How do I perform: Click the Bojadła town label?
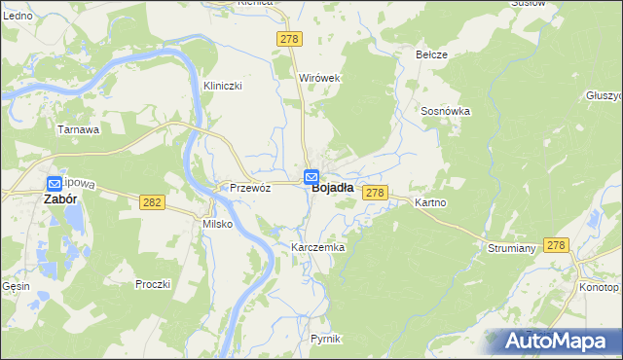click(332, 191)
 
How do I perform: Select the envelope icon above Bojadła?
click(311, 177)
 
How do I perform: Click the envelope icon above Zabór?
click(55, 182)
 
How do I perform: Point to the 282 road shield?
click(151, 201)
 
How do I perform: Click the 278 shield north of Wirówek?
click(290, 38)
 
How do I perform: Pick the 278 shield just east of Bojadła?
click(377, 194)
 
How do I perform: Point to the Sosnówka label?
click(446, 111)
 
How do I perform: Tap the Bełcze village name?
click(431, 54)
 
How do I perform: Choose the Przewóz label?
click(249, 188)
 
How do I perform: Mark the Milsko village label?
click(216, 224)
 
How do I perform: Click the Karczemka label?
click(318, 248)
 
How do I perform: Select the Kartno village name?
click(429, 202)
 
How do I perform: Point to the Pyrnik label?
click(325, 338)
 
